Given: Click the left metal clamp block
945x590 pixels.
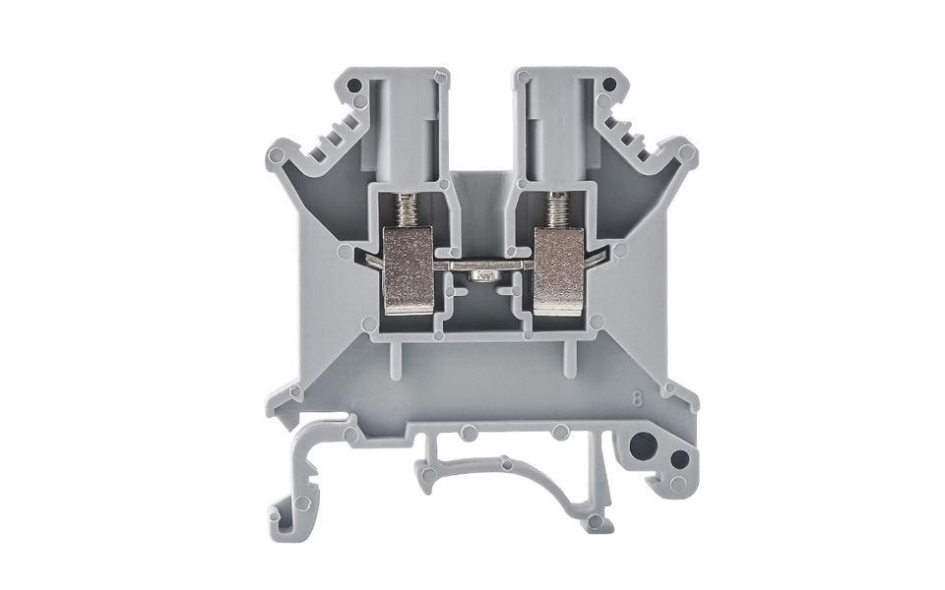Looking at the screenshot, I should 408,269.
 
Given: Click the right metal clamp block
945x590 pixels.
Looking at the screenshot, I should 558,270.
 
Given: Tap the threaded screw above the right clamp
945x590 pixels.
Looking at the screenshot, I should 557,208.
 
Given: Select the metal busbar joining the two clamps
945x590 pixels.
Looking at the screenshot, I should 482,264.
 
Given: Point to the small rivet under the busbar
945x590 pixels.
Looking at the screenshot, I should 482,278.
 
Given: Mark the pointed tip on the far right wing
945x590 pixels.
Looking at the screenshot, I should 688,155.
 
